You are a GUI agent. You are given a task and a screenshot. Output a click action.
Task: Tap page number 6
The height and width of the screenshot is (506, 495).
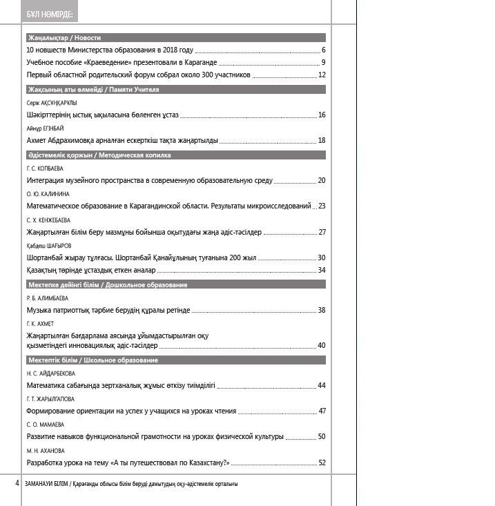tap(323, 50)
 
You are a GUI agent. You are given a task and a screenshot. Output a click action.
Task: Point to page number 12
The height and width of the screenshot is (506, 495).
tap(322, 75)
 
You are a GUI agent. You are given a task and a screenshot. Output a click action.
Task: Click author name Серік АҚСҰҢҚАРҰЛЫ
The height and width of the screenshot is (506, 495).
tap(52, 102)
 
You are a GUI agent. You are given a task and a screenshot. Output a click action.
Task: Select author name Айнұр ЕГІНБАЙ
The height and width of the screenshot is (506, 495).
tap(45, 128)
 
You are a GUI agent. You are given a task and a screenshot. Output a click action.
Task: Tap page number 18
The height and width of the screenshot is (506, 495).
tap(322, 141)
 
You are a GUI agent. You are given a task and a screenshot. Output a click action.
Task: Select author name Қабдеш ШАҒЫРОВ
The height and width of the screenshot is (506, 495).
tap(49, 246)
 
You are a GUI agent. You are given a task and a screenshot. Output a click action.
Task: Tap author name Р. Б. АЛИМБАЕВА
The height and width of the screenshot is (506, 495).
tap(48, 298)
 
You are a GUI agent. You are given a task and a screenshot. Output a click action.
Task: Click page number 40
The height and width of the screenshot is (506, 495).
tap(322, 345)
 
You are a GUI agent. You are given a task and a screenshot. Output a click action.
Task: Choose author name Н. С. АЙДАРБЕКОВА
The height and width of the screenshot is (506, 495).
tap(50, 373)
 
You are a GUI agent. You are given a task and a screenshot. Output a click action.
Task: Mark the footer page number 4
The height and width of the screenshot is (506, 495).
tap(17, 483)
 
